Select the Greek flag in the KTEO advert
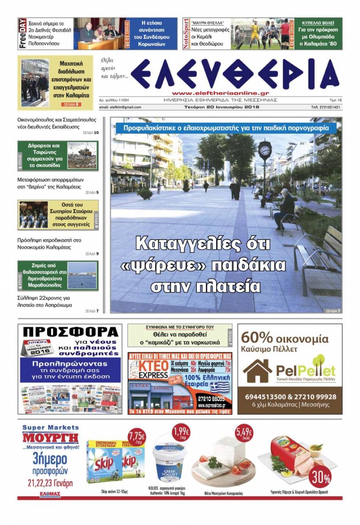219,387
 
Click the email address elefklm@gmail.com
120,107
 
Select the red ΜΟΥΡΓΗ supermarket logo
50,438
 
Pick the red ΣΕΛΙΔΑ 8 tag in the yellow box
72,104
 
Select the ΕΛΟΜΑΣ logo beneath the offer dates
50,495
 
